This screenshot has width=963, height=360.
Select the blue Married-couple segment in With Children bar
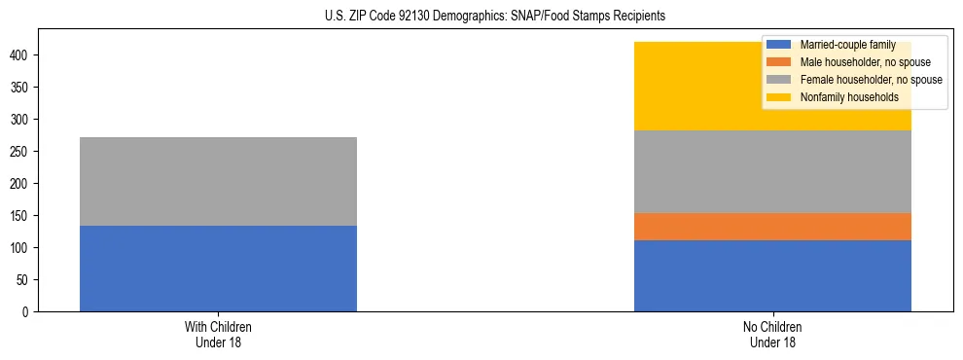[218, 269]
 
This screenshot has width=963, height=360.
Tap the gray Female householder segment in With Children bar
[218, 182]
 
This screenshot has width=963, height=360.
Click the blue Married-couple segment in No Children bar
[772, 275]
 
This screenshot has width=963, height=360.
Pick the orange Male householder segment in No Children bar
[772, 227]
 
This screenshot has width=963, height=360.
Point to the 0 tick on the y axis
[27, 311]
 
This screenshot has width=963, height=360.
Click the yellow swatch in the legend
[779, 97]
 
